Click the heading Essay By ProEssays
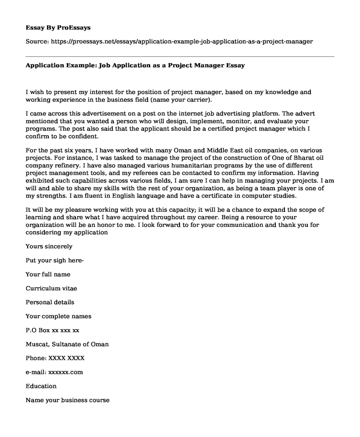[x=58, y=27]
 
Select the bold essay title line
[x=135, y=65]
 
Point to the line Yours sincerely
[x=49, y=246]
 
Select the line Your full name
[x=48, y=274]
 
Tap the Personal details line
[x=50, y=302]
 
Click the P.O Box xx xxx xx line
[x=52, y=330]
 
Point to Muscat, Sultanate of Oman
[x=67, y=344]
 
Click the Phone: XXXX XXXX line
[x=55, y=358]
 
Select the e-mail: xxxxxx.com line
[x=54, y=372]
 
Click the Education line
[x=41, y=386]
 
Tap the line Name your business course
[x=67, y=400]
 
